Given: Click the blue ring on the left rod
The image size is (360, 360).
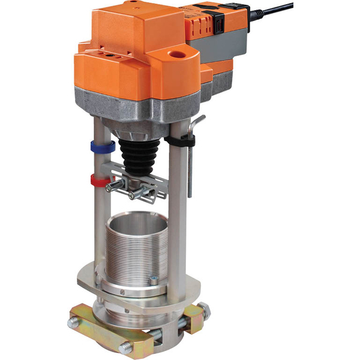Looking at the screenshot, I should (x=103, y=145).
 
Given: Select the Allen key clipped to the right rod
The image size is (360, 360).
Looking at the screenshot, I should (x=191, y=159).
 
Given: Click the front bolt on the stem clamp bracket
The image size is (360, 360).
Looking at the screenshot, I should (x=134, y=194).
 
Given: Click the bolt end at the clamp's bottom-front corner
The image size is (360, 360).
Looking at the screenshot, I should (x=127, y=347).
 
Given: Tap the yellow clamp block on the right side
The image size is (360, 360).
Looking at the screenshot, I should (x=194, y=321).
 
